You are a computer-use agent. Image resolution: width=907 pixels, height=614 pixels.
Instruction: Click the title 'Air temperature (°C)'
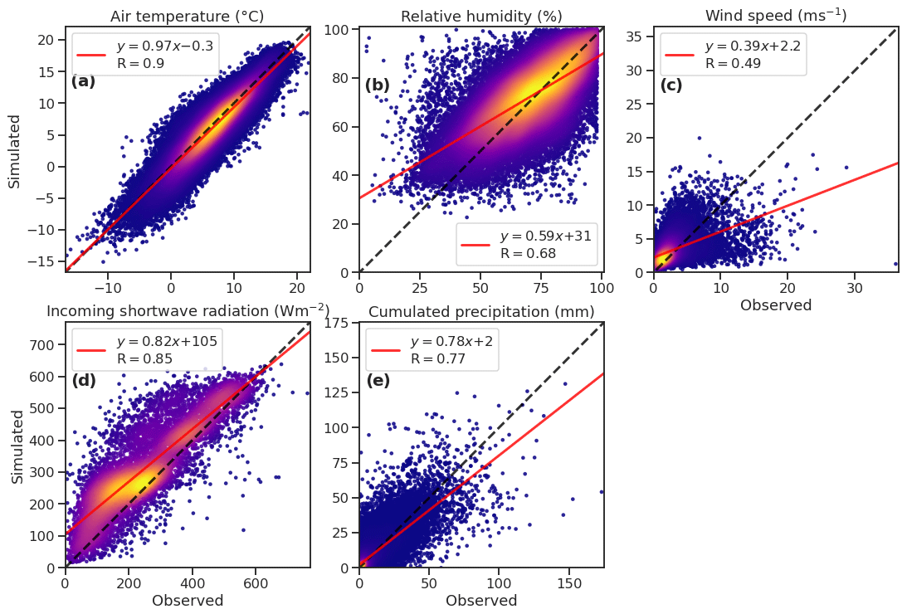(x=188, y=17)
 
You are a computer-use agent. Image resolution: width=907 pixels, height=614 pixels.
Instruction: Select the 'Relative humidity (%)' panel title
(x=481, y=17)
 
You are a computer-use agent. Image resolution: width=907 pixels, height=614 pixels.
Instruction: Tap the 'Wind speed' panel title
(x=776, y=16)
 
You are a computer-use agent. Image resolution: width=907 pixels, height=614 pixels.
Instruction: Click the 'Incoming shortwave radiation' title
(x=188, y=311)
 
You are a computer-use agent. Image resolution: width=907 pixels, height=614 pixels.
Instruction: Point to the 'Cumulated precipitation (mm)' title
(x=481, y=312)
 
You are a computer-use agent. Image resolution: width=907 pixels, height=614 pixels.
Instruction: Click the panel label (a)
(x=83, y=81)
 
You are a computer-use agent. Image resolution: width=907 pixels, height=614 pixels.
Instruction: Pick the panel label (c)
(x=671, y=85)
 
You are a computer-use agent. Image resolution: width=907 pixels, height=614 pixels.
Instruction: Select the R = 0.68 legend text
(x=528, y=253)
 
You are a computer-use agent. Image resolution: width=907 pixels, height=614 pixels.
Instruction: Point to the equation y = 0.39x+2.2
(x=753, y=46)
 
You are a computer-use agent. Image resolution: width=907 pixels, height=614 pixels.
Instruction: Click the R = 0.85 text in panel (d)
(x=144, y=359)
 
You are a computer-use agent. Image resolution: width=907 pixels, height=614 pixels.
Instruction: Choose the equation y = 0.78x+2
(x=452, y=342)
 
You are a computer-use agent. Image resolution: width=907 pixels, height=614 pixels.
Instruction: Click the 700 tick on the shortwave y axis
(x=46, y=344)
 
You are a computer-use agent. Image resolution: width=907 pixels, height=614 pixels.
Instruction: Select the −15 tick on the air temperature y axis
(x=43, y=261)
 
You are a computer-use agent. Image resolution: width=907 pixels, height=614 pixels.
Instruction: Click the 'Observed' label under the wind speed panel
(x=775, y=305)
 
